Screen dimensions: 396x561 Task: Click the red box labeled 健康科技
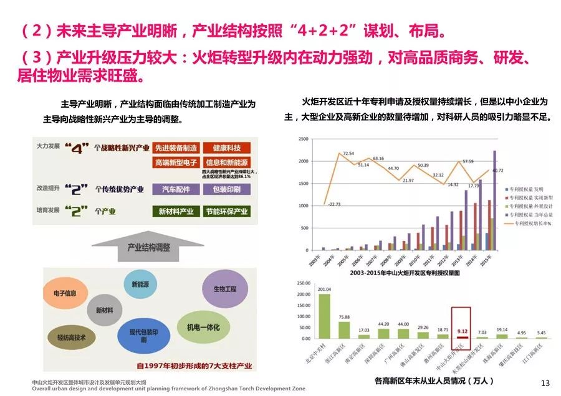[x=226, y=148]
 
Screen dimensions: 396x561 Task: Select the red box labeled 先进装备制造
[x=176, y=148]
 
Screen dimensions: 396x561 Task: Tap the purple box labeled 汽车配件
[x=176, y=189]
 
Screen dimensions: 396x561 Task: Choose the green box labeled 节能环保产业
[x=226, y=211]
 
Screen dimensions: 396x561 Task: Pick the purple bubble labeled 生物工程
[x=224, y=289]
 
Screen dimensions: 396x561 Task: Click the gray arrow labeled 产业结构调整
[x=148, y=247]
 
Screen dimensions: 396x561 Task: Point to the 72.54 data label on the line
[x=348, y=153]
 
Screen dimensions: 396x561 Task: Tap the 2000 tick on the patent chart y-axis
[x=302, y=161]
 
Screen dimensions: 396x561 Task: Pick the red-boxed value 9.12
[x=461, y=331]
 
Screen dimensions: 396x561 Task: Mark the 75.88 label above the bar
[x=344, y=317]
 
